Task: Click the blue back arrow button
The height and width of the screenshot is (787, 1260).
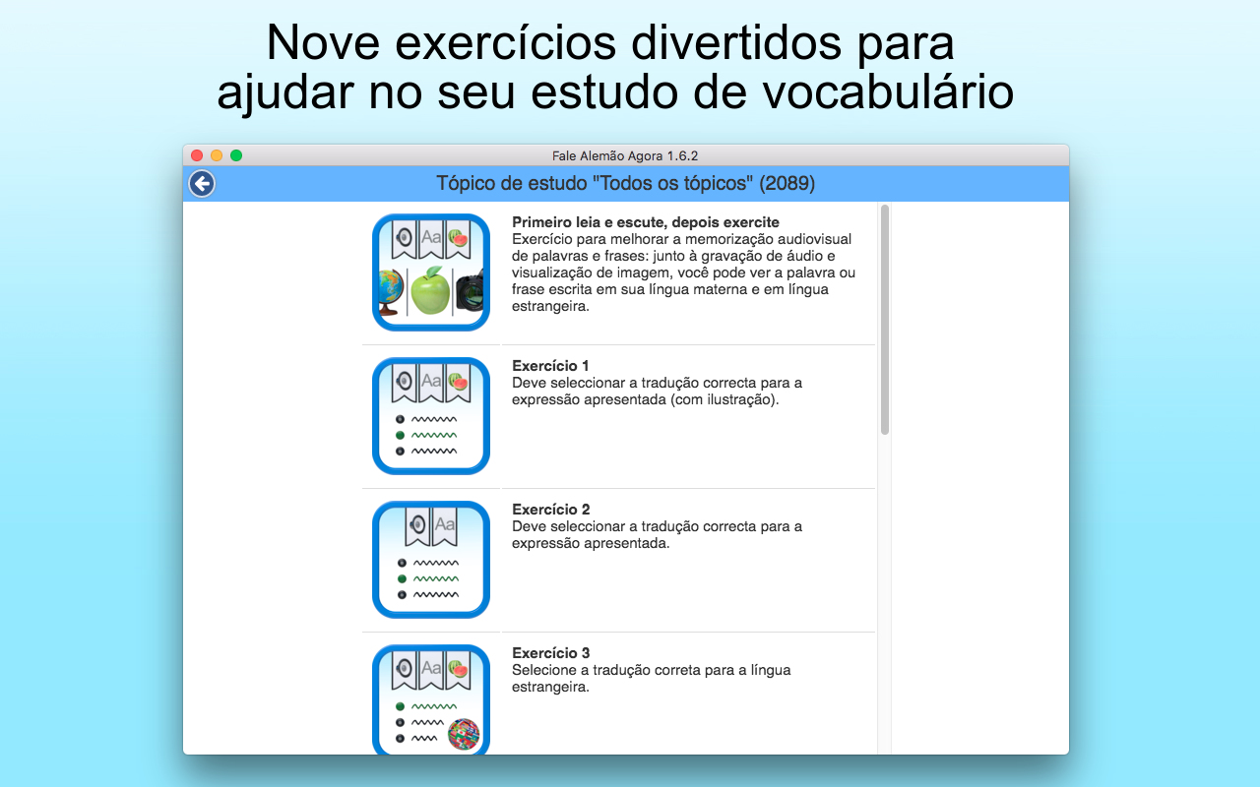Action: tap(202, 183)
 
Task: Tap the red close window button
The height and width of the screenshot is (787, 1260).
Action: tap(197, 155)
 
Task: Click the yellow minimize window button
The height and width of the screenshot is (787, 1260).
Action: tap(217, 155)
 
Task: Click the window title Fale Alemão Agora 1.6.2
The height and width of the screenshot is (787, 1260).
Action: tap(625, 155)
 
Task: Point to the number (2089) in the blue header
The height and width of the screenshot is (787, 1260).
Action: tap(787, 183)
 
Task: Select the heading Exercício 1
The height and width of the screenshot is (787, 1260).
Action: tap(550, 366)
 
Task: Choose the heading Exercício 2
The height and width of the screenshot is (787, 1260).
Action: tap(550, 510)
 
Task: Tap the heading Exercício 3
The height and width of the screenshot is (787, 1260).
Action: tap(550, 653)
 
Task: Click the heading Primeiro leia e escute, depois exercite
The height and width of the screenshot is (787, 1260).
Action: tap(645, 222)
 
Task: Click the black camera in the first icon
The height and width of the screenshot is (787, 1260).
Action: tap(470, 290)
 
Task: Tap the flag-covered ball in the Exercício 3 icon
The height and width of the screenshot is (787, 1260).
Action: tap(464, 734)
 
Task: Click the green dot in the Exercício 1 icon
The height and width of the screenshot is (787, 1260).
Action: tap(400, 435)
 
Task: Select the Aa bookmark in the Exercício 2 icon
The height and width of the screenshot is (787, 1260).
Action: tap(444, 526)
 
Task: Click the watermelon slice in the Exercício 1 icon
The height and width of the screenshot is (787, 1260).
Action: tap(459, 382)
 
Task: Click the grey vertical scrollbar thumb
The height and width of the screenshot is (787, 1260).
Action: tap(885, 320)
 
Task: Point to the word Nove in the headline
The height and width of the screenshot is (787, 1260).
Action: tap(323, 43)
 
